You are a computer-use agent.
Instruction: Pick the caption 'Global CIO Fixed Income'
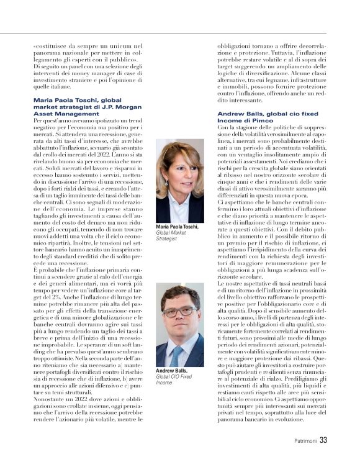tap(173, 380)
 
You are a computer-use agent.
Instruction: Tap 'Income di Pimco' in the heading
tap(244, 120)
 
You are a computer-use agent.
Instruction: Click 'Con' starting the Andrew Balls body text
tap(222, 127)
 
